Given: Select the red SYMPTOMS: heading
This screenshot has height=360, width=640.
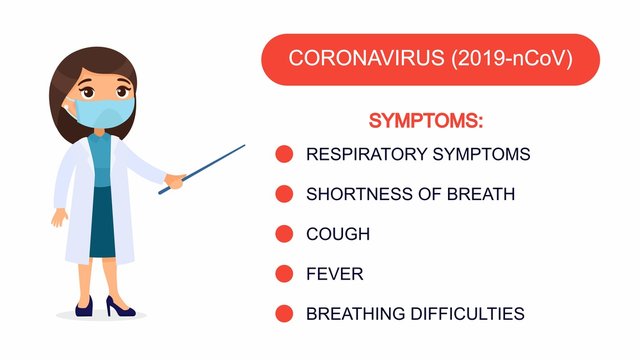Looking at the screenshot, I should pyautogui.click(x=426, y=121).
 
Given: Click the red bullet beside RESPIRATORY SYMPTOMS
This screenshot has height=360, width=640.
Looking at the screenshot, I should pyautogui.click(x=284, y=154).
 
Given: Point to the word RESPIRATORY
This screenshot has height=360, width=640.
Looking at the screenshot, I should pyautogui.click(x=361, y=154).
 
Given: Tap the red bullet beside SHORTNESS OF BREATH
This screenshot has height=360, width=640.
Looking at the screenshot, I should pyautogui.click(x=284, y=194).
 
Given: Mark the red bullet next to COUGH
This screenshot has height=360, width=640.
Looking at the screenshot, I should pyautogui.click(x=284, y=234).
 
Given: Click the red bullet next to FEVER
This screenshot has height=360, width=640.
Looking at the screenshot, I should pyautogui.click(x=284, y=273).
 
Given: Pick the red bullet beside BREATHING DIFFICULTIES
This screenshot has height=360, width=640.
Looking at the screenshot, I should pyautogui.click(x=284, y=313).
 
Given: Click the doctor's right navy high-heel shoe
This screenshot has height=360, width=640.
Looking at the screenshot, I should pyautogui.click(x=119, y=307).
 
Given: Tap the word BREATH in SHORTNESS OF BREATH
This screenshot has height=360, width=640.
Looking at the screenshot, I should pyautogui.click(x=482, y=194).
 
